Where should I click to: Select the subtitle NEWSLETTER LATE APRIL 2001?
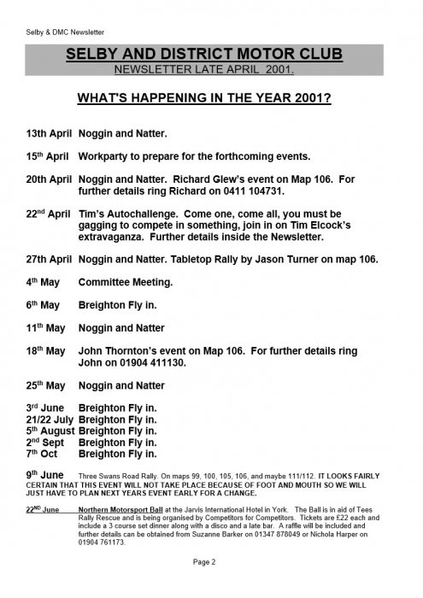(210, 70)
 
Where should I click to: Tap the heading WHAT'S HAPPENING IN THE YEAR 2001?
(211, 110)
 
